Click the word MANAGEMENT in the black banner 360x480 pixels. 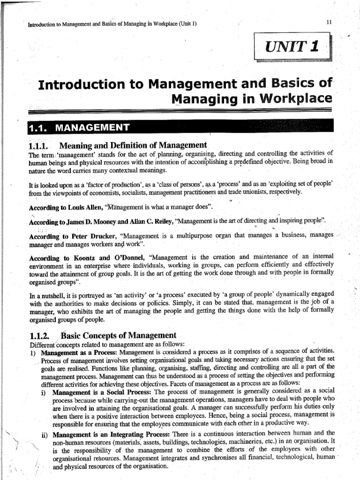pos(91,127)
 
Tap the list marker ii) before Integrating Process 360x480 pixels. pos(44,434)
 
